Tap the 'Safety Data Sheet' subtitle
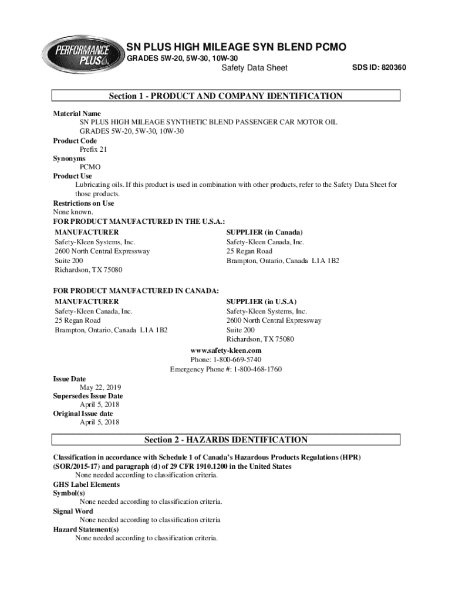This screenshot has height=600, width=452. point(254,68)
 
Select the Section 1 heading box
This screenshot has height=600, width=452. point(225,96)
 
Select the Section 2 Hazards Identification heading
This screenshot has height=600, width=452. point(225,439)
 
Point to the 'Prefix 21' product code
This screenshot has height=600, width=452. point(93,149)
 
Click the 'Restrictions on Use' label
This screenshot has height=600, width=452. point(83,203)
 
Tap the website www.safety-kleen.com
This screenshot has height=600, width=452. point(226,350)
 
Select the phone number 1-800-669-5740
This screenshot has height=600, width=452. point(241,359)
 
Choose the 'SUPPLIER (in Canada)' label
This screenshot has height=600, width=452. point(265,232)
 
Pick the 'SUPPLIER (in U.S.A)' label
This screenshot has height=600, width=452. point(261,301)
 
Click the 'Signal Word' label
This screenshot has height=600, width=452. point(73,511)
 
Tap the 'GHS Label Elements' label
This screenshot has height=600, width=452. point(86,485)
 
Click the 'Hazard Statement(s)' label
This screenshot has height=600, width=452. point(86,529)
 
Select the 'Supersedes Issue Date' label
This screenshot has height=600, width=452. point(88,396)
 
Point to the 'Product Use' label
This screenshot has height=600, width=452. point(73,176)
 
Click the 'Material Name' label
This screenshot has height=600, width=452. point(77,113)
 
